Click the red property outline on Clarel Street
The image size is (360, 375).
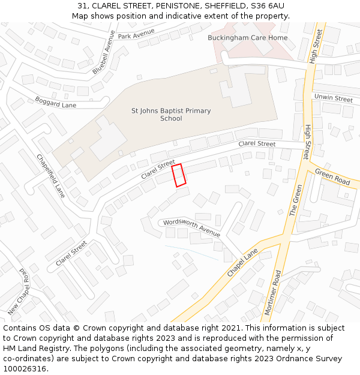coord(179,175)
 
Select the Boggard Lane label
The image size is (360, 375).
coord(55,102)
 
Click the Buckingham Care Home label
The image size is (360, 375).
coord(247,38)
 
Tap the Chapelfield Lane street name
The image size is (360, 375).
coord(50,176)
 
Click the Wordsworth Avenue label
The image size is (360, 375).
coord(191,227)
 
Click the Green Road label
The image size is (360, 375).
coord(333,177)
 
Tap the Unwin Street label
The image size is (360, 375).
coord(333,98)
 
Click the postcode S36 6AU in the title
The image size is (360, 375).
coord(268,6)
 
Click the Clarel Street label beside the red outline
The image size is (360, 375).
coord(158,170)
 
